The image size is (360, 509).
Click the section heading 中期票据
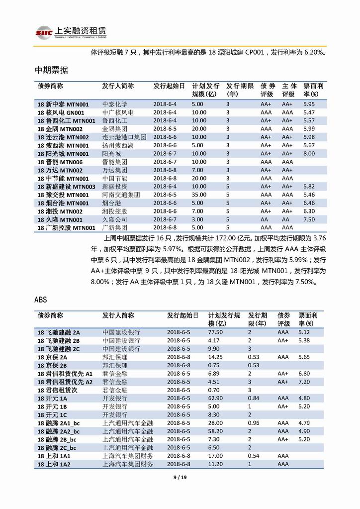[x=52, y=70]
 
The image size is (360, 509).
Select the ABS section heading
[x=41, y=300]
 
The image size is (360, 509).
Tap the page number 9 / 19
[x=180, y=478]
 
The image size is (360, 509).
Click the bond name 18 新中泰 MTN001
[x=63, y=104]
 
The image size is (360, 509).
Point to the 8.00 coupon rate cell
[x=309, y=154]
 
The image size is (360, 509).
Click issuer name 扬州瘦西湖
[x=118, y=145]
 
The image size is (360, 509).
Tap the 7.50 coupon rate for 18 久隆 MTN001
[x=309, y=219]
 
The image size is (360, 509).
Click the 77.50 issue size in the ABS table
[x=215, y=332]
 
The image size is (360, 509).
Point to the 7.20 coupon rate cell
[x=304, y=382]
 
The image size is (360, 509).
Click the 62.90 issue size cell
[x=215, y=398]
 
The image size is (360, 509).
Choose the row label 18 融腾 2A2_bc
[x=59, y=431]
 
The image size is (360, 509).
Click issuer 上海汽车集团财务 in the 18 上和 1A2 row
[x=128, y=464]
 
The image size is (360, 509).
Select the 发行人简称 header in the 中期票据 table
[x=118, y=86]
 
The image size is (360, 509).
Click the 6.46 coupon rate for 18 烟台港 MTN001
[x=309, y=203]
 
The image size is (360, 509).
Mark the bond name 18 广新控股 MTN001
[x=66, y=227]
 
